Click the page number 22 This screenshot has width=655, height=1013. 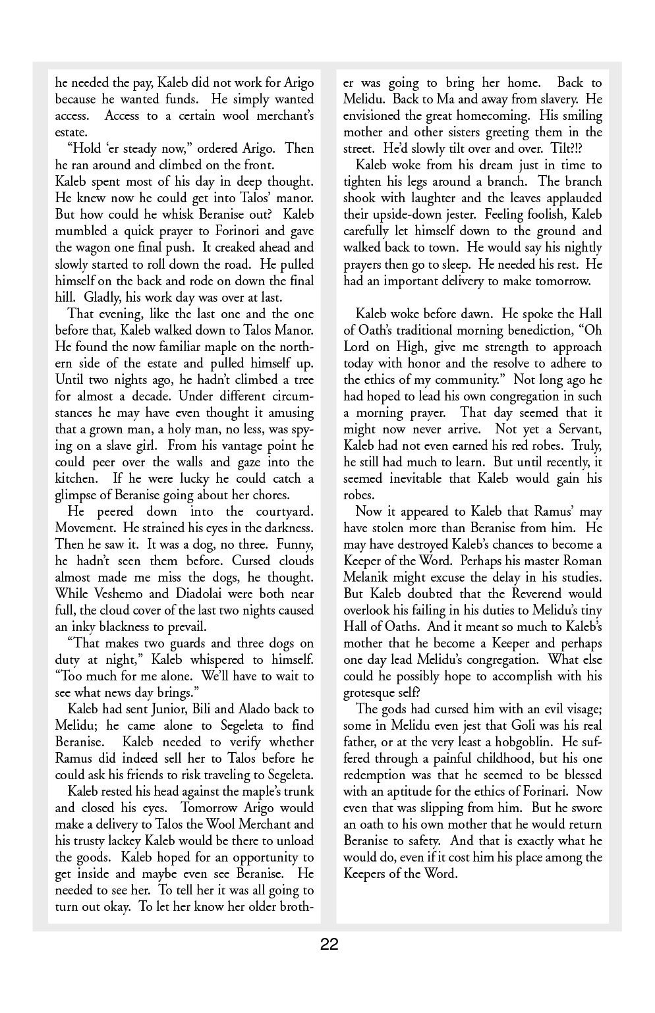(x=329, y=945)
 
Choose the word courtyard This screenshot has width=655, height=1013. (x=282, y=512)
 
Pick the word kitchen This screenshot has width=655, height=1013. (x=74, y=479)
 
